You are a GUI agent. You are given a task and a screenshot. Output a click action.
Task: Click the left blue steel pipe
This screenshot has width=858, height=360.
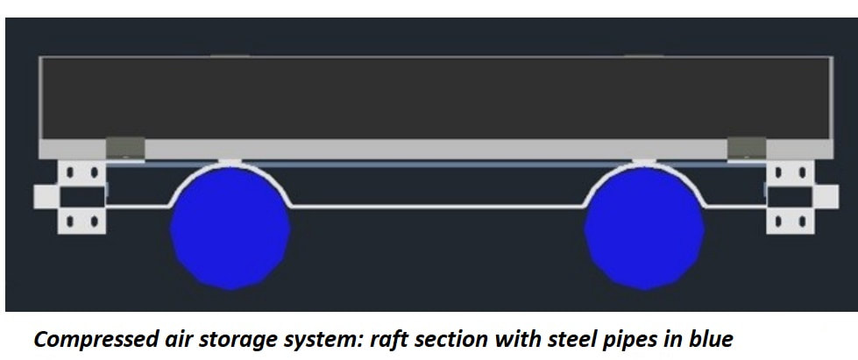point(230,228)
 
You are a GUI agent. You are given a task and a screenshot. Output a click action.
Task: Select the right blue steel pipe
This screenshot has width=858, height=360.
point(644,228)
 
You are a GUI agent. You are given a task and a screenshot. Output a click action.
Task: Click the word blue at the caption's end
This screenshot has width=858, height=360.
point(709,339)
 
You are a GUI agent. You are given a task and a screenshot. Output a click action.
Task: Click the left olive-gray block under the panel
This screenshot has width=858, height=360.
point(125,147)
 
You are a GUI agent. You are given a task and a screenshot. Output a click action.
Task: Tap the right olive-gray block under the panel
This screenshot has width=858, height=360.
point(747,147)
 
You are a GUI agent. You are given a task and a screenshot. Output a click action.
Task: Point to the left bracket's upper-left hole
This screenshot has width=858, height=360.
point(70,173)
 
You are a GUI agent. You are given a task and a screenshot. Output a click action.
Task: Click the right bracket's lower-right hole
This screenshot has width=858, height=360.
point(802,222)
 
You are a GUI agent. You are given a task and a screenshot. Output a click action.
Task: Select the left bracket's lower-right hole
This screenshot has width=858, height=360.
point(94,222)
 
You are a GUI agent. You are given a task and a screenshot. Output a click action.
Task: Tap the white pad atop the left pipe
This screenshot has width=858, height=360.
point(230,163)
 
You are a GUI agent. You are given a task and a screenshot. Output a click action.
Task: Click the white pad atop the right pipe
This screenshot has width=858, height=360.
point(644,163)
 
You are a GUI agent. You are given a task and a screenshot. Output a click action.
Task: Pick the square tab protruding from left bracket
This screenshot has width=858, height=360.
point(46,197)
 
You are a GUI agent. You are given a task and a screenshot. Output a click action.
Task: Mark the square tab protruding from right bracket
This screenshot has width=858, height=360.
point(826,197)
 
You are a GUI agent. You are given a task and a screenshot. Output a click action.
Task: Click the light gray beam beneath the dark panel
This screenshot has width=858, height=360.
point(436,150)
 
